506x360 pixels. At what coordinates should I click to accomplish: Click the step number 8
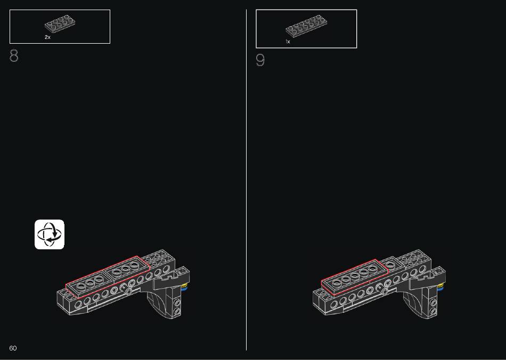14,56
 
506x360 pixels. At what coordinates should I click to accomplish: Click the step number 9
260,60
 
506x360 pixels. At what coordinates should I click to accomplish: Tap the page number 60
13,348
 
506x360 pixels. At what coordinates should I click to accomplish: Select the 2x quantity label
47,37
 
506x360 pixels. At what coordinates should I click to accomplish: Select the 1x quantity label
288,42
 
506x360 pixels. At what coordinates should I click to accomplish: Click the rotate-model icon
50,234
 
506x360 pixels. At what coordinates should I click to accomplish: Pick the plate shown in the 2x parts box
60,23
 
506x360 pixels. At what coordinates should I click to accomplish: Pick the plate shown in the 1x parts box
306,26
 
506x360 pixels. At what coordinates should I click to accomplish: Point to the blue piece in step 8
184,289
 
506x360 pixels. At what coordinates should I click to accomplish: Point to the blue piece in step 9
440,289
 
